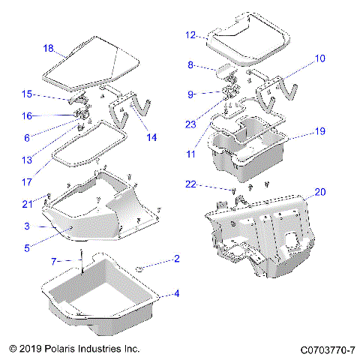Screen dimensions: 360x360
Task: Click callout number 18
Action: (48, 49)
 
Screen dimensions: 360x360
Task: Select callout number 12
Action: (190, 34)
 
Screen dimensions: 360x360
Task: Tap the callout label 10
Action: (319, 57)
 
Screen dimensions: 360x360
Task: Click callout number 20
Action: (319, 192)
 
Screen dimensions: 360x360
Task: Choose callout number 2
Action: (177, 259)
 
